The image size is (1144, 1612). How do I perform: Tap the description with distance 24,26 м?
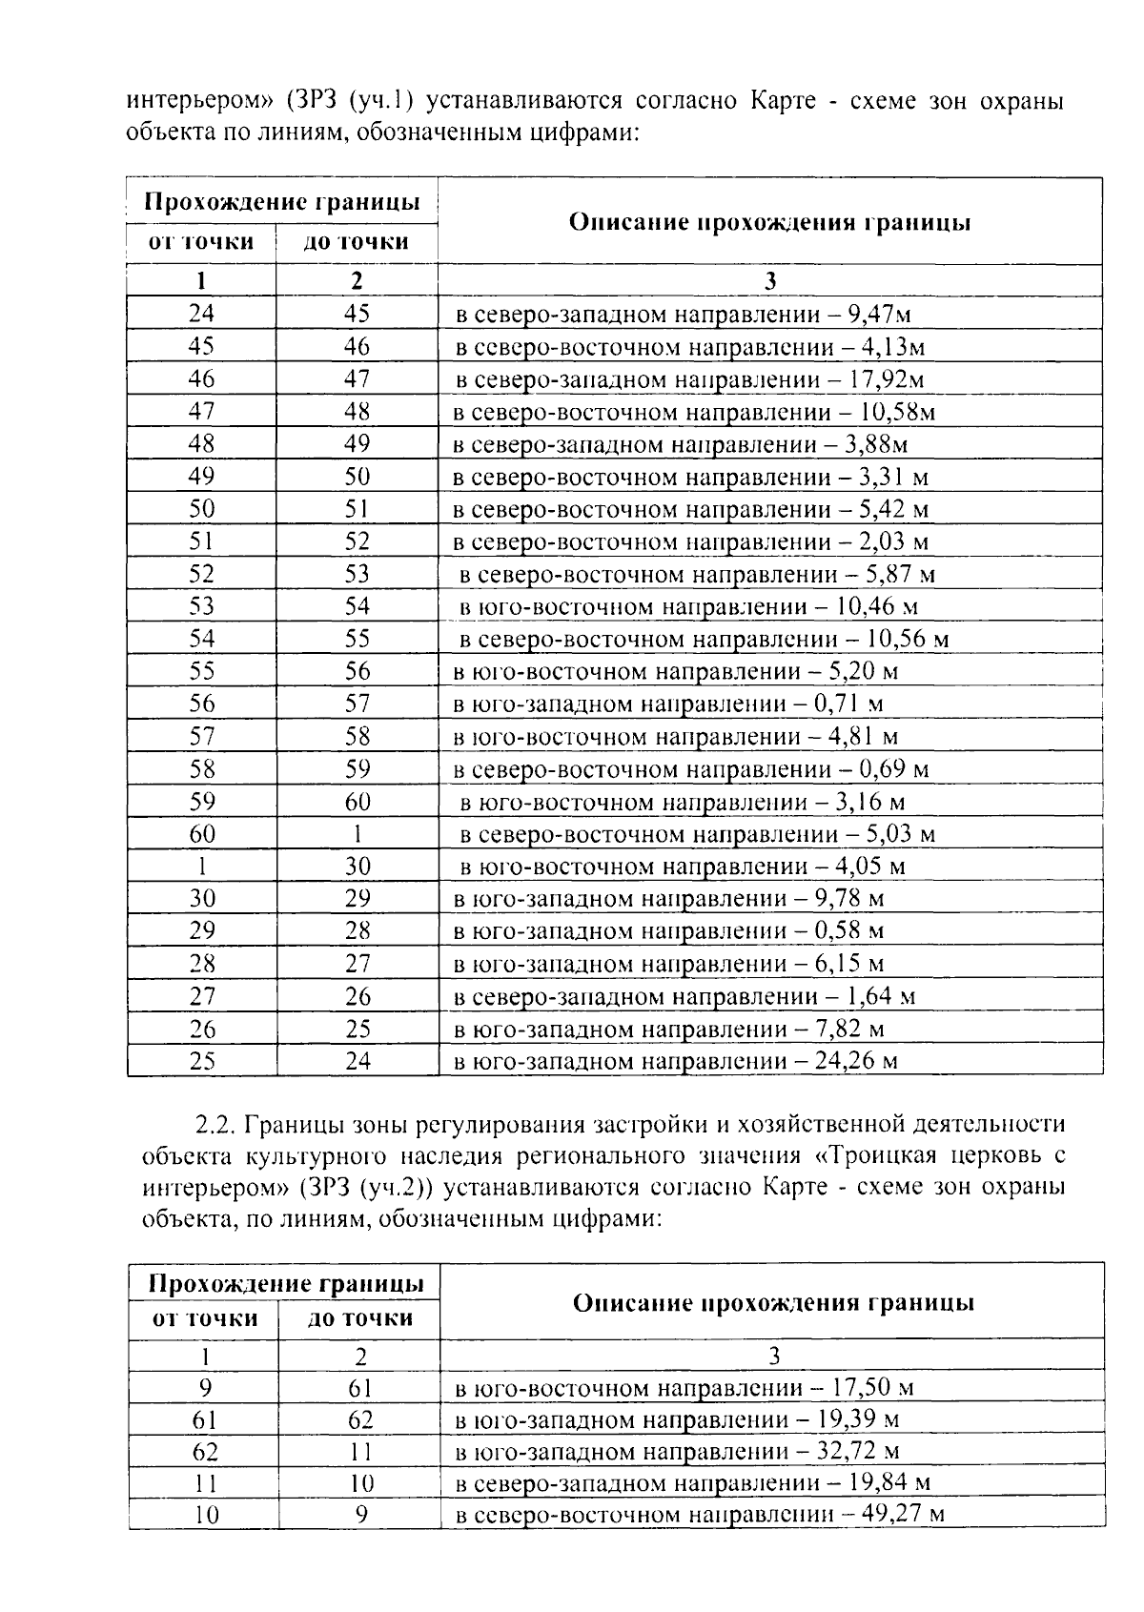coord(675,1061)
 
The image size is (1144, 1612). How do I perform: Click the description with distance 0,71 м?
coord(667,704)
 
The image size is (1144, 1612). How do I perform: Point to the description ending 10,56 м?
coord(704,639)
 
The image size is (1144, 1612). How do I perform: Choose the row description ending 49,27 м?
coord(699,1515)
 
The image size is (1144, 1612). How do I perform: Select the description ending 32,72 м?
coord(677,1452)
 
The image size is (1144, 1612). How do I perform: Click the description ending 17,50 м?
coord(684,1388)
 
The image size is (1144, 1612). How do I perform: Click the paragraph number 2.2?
coord(214,1125)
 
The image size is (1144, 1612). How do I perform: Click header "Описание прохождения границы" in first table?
coord(769,223)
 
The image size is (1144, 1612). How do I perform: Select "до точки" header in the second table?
coord(359,1318)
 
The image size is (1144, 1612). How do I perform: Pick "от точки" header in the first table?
coord(201,242)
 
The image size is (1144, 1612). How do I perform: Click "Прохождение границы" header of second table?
coord(285,1283)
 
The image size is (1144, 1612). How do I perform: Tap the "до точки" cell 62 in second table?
coord(359,1420)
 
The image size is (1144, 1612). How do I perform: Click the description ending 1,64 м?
coord(684,997)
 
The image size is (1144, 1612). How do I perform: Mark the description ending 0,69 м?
coord(690,769)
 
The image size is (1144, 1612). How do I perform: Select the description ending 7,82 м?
coord(668,1030)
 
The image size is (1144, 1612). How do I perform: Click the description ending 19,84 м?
coord(692,1483)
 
